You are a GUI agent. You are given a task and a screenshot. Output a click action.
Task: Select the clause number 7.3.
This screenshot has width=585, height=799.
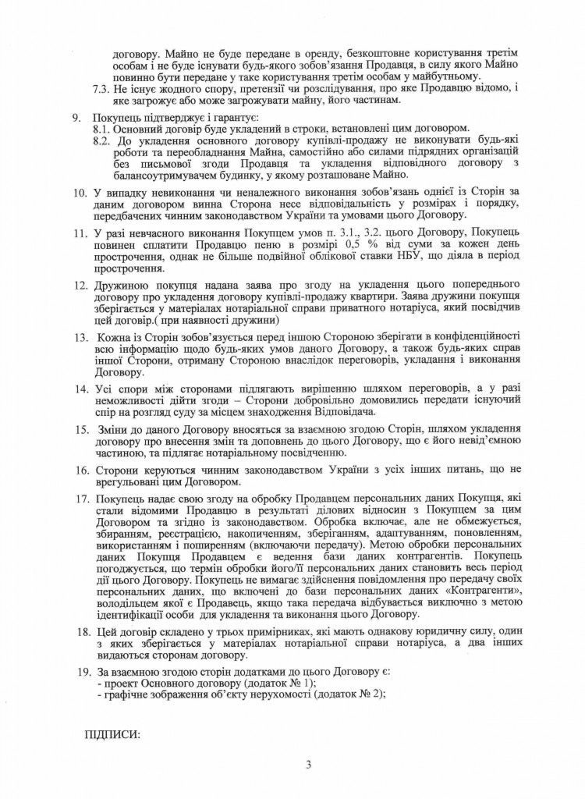(x=101, y=90)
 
